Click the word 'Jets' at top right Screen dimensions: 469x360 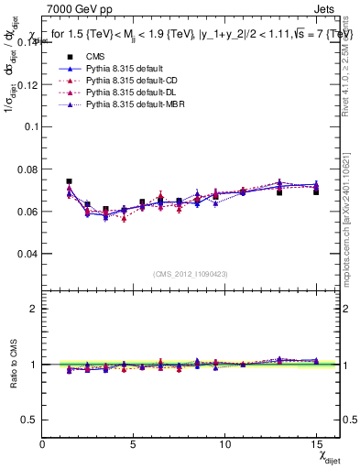(x=326, y=7)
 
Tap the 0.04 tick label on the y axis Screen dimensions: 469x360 (x=26, y=253)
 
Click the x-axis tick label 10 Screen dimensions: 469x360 (x=224, y=444)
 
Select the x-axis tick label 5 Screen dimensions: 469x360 (x=134, y=444)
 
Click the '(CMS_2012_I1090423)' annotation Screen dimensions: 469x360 (x=190, y=275)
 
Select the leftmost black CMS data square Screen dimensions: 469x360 (x=69, y=181)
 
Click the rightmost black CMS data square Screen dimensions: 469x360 (x=316, y=191)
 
